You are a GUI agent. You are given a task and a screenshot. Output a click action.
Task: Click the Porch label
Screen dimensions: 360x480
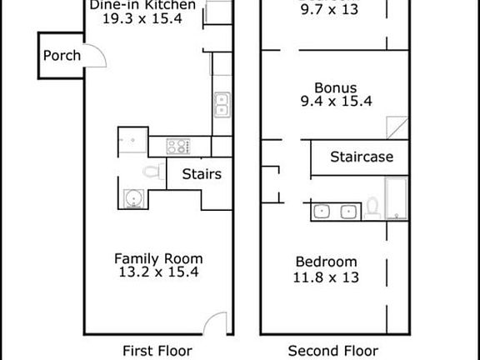click(x=62, y=56)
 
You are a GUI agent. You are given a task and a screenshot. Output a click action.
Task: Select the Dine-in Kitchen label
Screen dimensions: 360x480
click(x=143, y=5)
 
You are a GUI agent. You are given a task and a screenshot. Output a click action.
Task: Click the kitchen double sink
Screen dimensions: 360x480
click(x=222, y=104)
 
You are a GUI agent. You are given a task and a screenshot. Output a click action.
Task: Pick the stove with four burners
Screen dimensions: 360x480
click(x=178, y=147)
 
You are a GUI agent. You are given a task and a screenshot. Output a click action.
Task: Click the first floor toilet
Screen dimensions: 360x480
click(x=151, y=173)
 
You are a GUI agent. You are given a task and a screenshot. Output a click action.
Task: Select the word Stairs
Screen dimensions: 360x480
click(x=201, y=174)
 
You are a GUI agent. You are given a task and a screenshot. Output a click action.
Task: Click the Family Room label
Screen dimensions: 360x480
click(x=158, y=258)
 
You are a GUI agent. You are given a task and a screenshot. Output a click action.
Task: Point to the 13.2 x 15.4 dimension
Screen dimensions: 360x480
click(x=158, y=272)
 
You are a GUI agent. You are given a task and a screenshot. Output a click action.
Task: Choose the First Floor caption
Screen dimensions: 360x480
click(x=157, y=350)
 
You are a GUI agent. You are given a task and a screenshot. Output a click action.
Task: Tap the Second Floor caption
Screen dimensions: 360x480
click(x=333, y=350)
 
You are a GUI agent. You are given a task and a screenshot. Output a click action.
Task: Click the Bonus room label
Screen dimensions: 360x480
click(x=336, y=87)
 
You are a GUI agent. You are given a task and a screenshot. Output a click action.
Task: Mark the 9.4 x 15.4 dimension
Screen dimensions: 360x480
click(x=336, y=102)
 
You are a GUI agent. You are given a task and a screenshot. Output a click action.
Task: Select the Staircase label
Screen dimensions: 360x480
click(x=357, y=157)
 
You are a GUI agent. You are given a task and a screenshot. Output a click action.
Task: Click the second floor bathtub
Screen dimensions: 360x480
click(x=397, y=200)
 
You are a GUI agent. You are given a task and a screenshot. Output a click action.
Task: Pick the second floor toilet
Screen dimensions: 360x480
click(x=373, y=207)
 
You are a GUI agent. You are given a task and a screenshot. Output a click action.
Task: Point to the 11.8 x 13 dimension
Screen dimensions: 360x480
click(x=326, y=276)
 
